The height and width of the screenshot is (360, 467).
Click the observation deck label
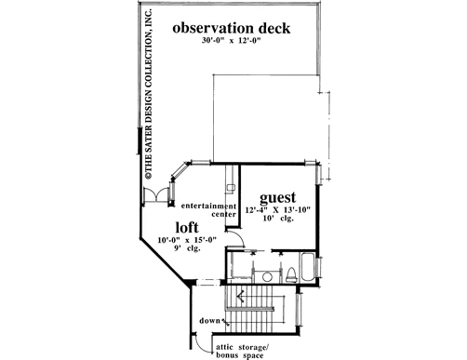coord(232,28)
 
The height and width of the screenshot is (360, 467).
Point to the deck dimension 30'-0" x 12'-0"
coord(230,41)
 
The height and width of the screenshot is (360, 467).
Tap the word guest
coord(277,197)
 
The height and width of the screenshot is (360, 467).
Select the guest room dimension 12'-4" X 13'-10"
coord(277,210)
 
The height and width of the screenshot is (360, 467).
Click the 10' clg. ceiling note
coord(278,219)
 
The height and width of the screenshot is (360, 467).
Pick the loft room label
coord(187,227)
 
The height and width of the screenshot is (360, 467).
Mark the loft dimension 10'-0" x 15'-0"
coord(187,240)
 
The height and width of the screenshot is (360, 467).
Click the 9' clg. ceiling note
coord(187,248)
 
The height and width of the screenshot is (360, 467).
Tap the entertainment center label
coord(208,210)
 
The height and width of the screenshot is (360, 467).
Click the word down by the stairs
coord(209,320)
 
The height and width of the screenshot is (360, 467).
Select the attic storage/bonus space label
coord(241,351)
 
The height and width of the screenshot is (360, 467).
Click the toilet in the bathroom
coord(291,274)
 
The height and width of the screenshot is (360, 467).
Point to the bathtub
coord(307,268)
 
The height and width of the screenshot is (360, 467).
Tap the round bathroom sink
coord(267,276)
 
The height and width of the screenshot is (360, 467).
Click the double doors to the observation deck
coord(156,195)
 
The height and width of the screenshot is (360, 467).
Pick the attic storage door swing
coord(202,347)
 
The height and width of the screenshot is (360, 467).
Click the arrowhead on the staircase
coord(240,297)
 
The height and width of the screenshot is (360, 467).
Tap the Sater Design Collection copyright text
coord(149,94)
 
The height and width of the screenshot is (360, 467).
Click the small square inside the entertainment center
coord(231,188)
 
